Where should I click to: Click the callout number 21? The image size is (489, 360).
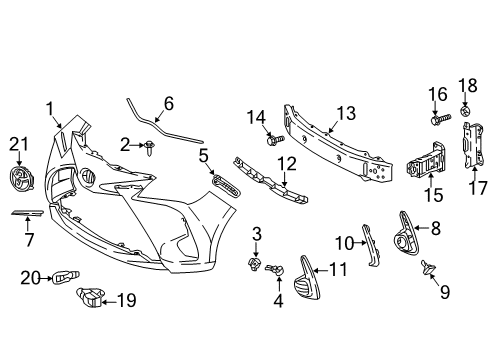[x=14, y=145]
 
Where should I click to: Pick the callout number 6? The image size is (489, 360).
[x=168, y=102]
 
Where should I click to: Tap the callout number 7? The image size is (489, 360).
[x=29, y=240]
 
